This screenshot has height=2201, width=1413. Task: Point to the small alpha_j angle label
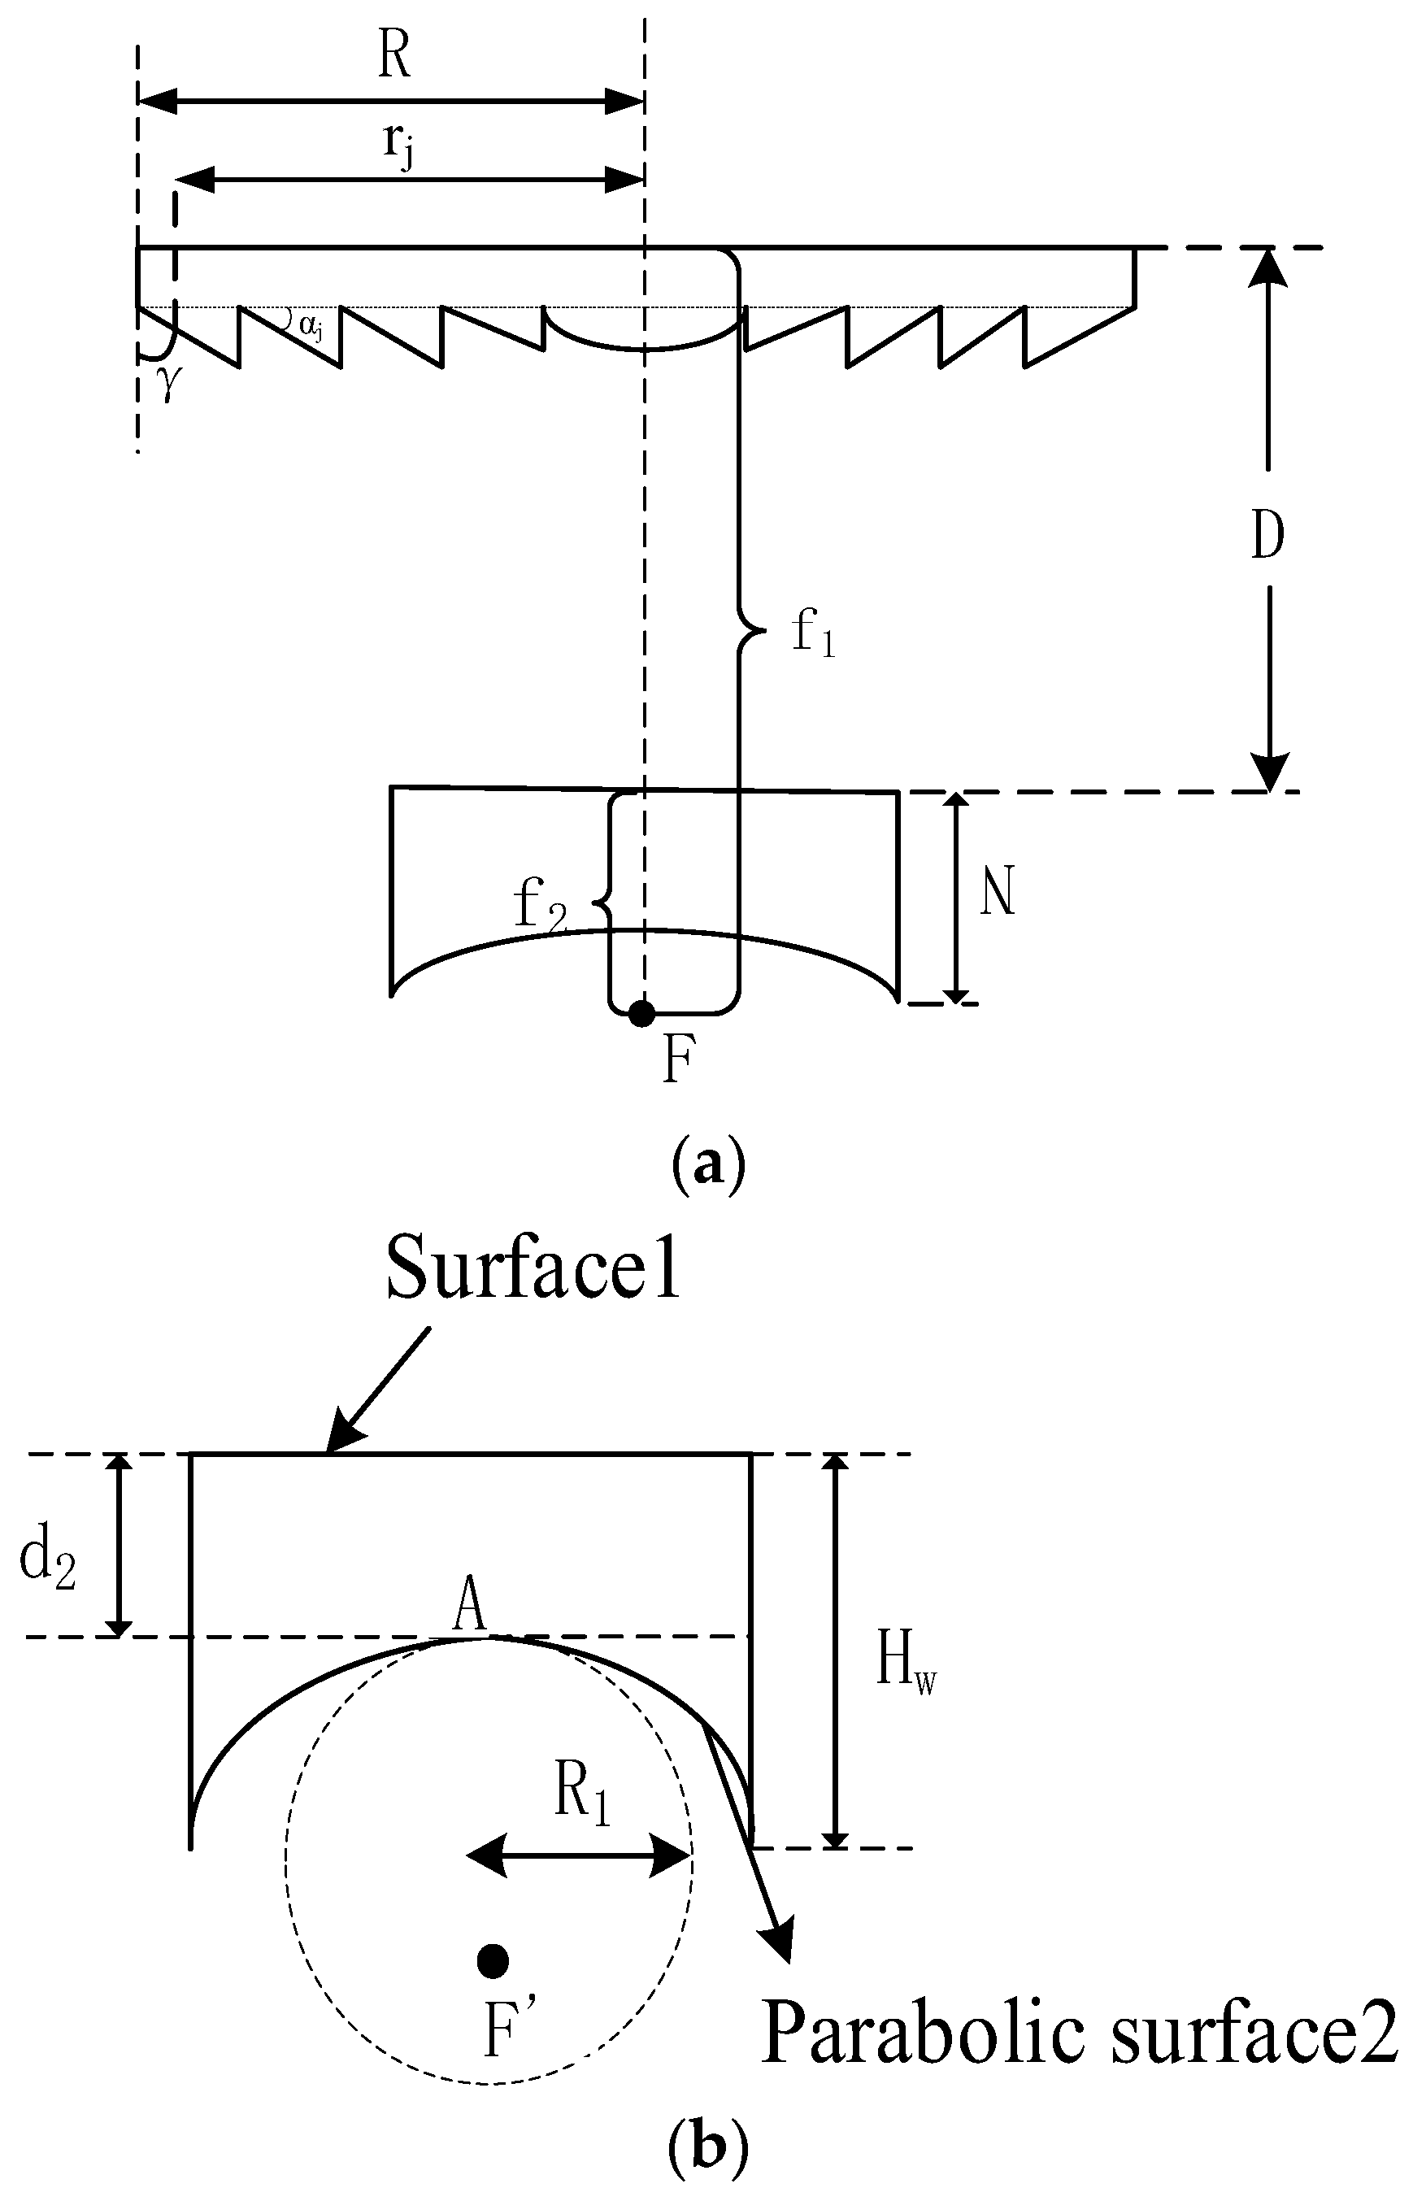(310, 324)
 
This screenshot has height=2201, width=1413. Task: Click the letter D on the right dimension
(1267, 537)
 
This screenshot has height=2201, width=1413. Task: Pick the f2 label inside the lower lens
(541, 907)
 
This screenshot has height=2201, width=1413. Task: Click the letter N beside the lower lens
(998, 893)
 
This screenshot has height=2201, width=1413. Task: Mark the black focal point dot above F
(641, 1014)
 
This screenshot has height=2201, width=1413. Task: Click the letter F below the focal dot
(676, 1063)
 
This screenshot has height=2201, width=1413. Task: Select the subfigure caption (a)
(708, 1166)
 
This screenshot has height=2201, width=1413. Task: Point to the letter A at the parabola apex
(470, 1607)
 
